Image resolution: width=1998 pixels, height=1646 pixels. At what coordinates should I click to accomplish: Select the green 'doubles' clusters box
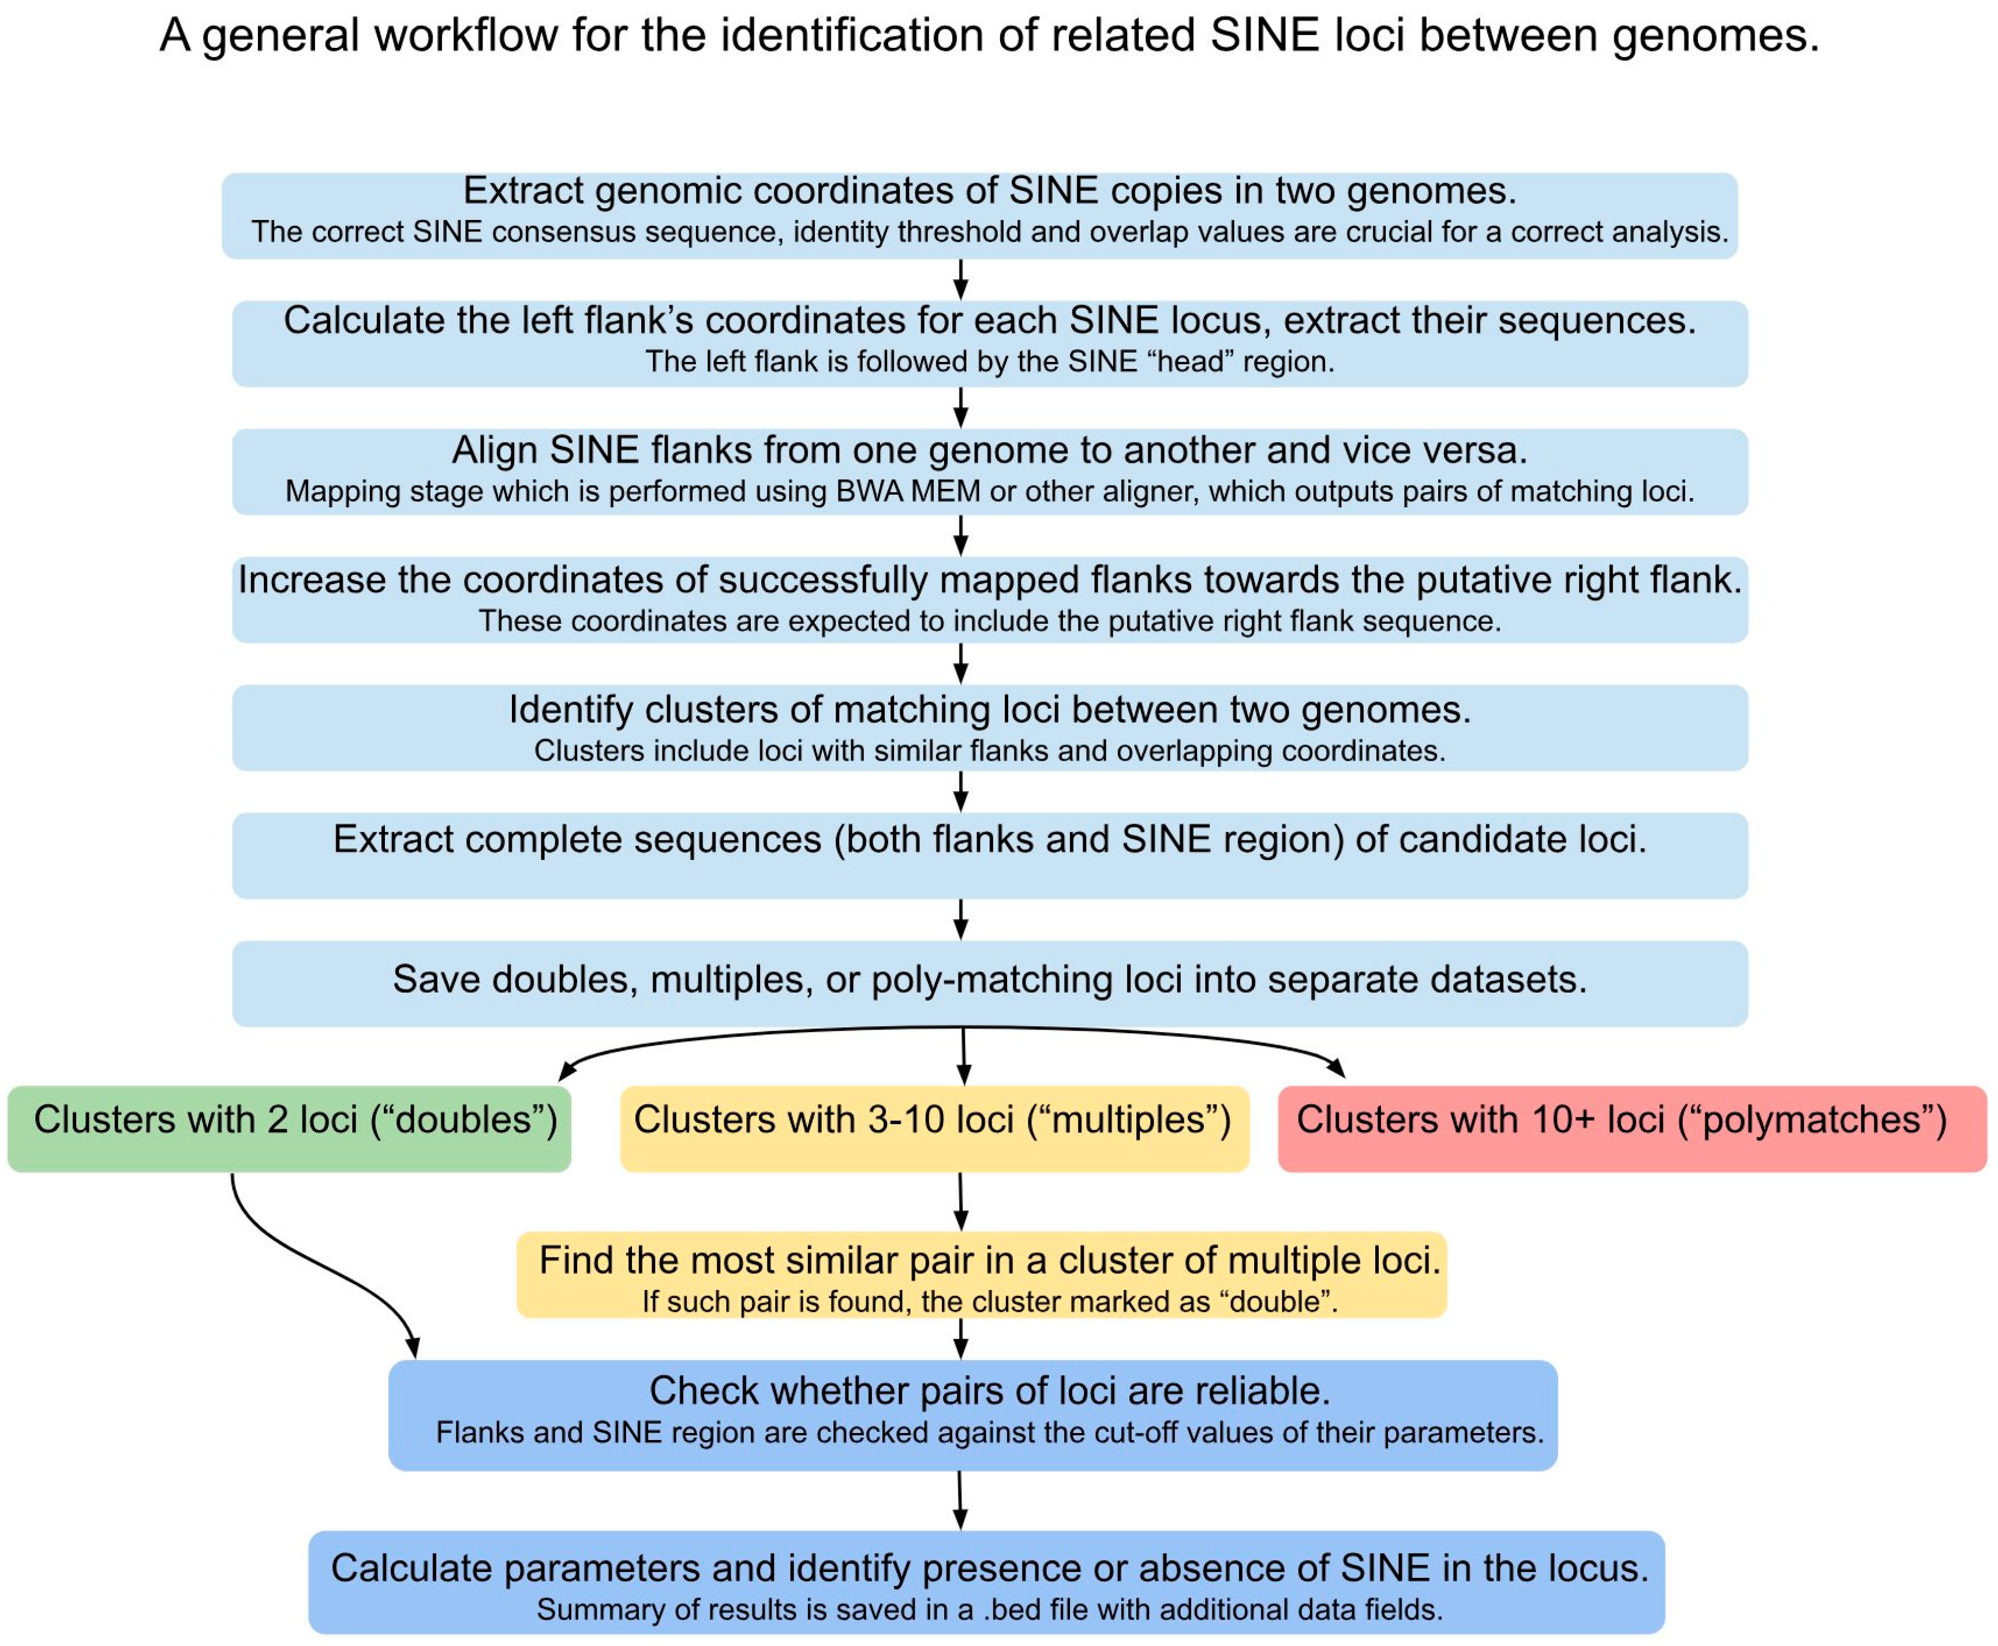point(289,1128)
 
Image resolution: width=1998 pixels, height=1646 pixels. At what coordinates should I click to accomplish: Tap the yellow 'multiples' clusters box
point(934,1128)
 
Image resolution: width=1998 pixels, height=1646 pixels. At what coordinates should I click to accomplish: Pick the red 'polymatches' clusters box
point(1631,1128)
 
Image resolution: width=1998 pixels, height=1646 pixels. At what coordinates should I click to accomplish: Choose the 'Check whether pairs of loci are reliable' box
point(972,1415)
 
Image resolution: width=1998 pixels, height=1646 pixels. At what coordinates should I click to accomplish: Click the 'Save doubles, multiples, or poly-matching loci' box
point(989,983)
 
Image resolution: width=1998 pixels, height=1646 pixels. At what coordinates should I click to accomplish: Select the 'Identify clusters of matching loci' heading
point(989,709)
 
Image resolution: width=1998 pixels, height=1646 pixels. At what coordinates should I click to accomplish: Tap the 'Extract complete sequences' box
point(989,854)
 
